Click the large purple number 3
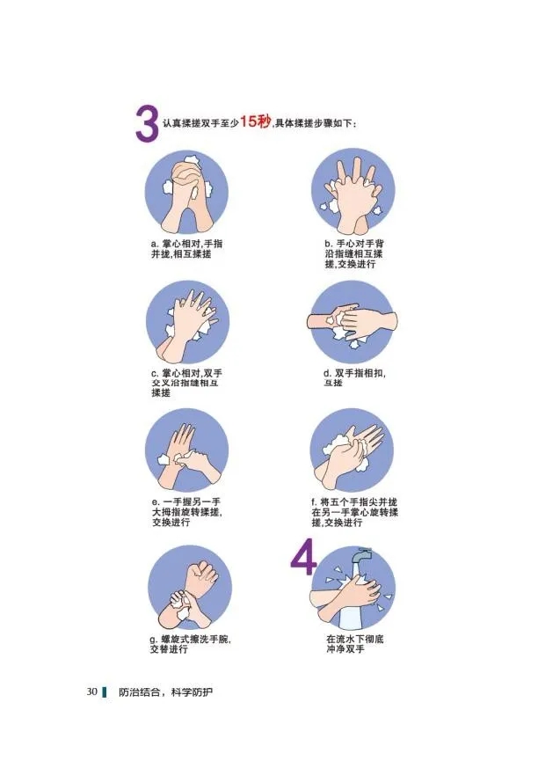pyautogui.click(x=147, y=125)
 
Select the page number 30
pyautogui.click(x=92, y=691)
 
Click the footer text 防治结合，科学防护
pyautogui.click(x=166, y=692)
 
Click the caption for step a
pyautogui.click(x=186, y=249)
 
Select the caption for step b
pyautogui.click(x=354, y=254)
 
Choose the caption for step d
pyautogui.click(x=354, y=378)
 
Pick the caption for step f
pyautogui.click(x=354, y=512)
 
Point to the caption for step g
pyautogui.click(x=190, y=644)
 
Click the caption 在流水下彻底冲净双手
pyautogui.click(x=354, y=644)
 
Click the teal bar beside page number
pyautogui.click(x=105, y=692)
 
